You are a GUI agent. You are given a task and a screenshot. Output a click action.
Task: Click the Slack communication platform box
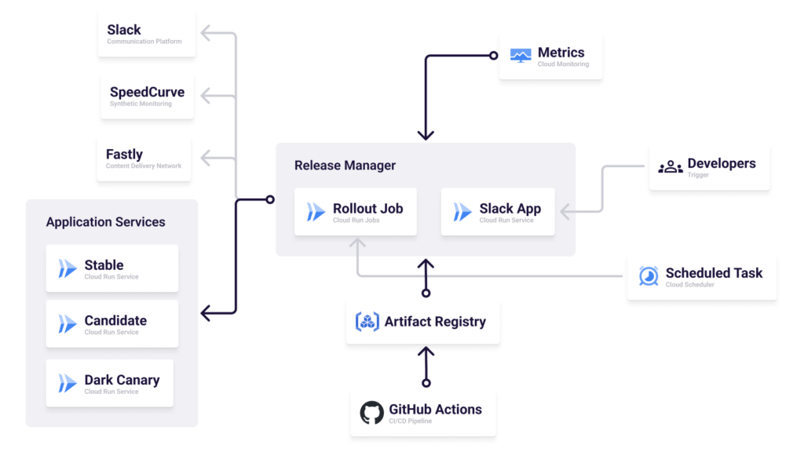(x=147, y=35)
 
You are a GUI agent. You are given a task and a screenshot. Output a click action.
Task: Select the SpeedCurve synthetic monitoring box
(x=147, y=97)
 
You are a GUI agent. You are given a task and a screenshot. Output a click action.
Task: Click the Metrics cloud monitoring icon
(x=521, y=56)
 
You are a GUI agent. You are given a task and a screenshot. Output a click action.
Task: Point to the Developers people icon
(x=670, y=167)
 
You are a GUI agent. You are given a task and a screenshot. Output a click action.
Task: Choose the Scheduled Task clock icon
(x=649, y=276)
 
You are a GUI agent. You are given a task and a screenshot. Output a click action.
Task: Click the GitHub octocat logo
(x=371, y=413)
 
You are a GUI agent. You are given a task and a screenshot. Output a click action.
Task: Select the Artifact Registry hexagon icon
(x=367, y=322)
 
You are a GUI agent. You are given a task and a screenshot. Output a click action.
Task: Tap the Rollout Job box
(x=356, y=212)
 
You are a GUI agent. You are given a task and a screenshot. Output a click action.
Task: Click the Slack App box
(x=498, y=212)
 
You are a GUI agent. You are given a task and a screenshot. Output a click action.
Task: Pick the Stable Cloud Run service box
(x=112, y=268)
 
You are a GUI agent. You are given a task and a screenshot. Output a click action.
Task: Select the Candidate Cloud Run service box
(x=112, y=323)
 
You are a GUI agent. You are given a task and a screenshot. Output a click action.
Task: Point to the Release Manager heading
(x=345, y=166)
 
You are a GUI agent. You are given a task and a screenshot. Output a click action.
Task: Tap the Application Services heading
(x=105, y=222)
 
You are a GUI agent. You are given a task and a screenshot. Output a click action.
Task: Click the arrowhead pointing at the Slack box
(x=206, y=33)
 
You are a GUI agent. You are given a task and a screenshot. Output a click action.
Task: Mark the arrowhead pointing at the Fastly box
(x=206, y=159)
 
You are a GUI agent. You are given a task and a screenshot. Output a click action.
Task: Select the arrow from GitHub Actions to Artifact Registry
(x=426, y=366)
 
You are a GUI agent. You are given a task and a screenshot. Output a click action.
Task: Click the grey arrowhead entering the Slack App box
(x=565, y=211)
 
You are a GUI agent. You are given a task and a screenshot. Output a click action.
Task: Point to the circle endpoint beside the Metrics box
(x=494, y=56)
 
